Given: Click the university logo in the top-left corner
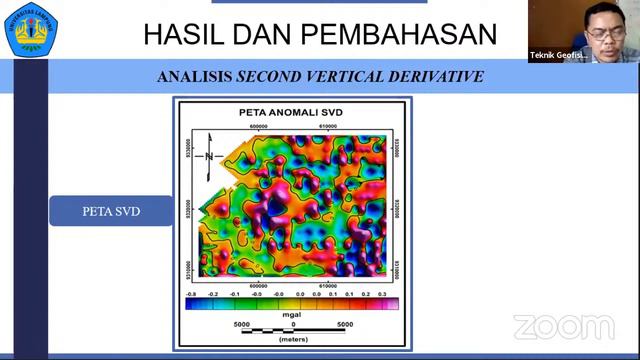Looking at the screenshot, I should (31, 31).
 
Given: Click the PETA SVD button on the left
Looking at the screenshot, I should (110, 211).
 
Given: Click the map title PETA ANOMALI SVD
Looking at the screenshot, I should (290, 112).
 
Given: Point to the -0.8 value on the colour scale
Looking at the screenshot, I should (190, 294).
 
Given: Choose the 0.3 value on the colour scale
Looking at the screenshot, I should (381, 294).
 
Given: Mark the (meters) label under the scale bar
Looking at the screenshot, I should (292, 338).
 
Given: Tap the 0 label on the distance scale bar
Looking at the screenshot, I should (293, 324).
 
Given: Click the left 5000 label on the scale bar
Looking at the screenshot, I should (241, 324).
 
